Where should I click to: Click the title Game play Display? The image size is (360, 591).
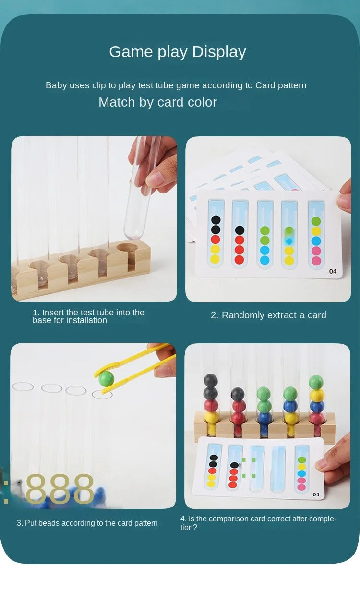[178, 52]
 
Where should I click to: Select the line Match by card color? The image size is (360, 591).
[157, 102]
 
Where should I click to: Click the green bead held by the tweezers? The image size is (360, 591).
[106, 378]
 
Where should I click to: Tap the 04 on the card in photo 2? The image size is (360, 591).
[333, 271]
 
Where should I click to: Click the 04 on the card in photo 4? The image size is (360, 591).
[315, 495]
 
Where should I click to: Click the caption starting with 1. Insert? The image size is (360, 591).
[88, 316]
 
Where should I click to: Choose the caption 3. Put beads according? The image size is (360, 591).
[87, 523]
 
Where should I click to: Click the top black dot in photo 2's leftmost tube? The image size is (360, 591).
[215, 220]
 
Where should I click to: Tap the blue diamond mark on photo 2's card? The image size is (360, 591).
[288, 241]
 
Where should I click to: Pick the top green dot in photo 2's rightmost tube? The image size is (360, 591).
[316, 221]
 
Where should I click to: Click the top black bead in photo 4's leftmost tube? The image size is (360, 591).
[211, 381]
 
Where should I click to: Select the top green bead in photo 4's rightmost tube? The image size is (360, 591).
[316, 382]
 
